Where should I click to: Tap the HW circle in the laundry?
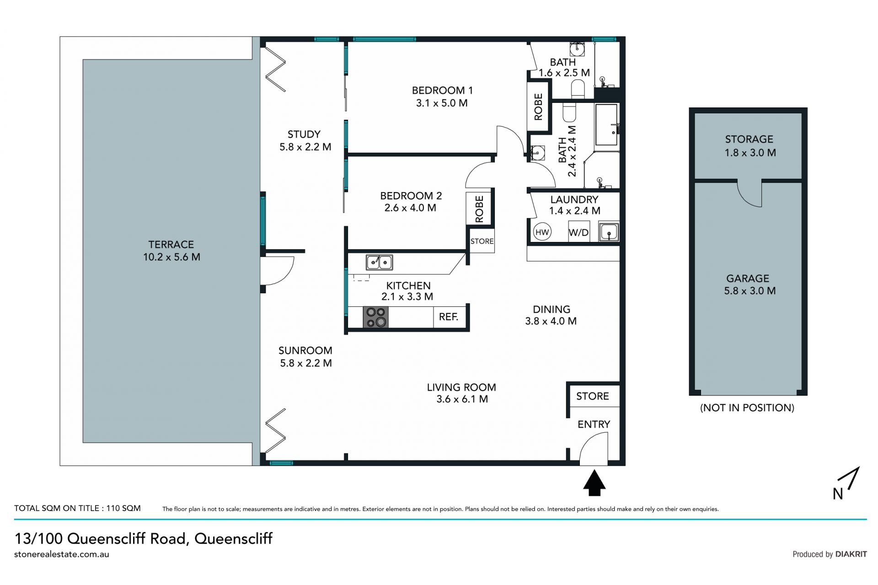pos(542,232)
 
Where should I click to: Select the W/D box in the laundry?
pos(578,232)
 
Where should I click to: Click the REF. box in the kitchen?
pos(449,317)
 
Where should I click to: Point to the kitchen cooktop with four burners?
pos(376,317)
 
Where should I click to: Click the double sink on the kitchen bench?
pos(379,263)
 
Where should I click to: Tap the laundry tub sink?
pos(609,232)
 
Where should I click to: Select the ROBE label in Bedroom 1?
pos(538,107)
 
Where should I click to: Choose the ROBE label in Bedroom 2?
pos(479,209)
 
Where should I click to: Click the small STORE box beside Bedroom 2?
pos(482,241)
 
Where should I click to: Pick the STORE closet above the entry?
pos(593,396)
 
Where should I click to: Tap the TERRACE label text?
pos(171,245)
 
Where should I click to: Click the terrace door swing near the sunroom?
pos(278,271)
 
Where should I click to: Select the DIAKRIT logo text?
pos(851,554)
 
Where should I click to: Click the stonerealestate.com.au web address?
pos(62,554)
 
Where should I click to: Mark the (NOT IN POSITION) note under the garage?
pos(747,408)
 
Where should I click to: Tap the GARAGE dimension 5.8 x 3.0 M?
pos(750,291)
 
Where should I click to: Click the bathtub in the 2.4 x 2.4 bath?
pos(606,125)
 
